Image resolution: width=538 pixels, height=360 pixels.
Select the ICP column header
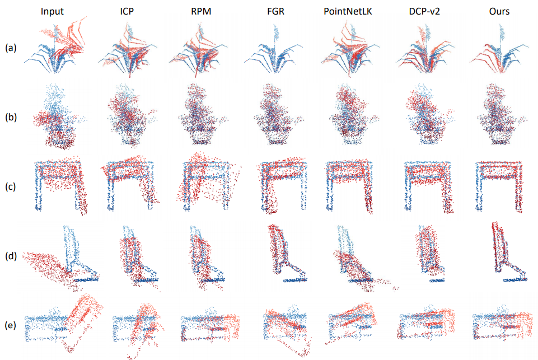(x=130, y=11)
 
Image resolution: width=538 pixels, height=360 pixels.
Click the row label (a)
(x=11, y=49)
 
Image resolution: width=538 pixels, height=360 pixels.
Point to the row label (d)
(x=11, y=256)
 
